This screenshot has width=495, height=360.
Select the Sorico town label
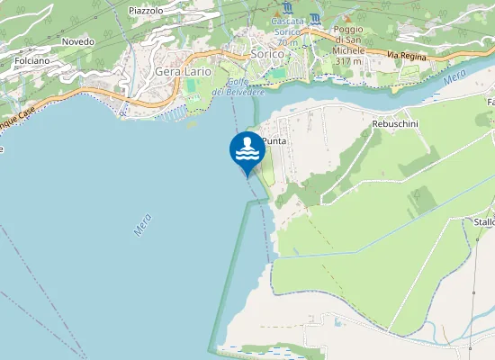point(267,54)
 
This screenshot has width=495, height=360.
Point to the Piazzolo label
point(146,10)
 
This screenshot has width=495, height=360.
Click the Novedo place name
point(78,41)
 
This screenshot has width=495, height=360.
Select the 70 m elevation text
point(288,42)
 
